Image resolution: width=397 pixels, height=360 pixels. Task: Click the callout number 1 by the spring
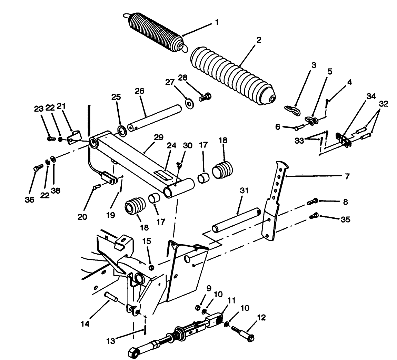point(217,23)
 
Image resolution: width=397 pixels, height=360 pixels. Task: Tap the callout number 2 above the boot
point(259,40)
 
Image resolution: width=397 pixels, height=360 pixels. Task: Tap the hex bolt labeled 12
point(241,333)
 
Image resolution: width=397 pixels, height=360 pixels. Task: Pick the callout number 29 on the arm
point(159,137)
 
